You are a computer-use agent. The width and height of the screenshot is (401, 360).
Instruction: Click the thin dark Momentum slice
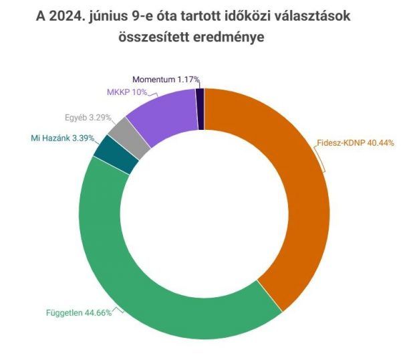pos(200,100)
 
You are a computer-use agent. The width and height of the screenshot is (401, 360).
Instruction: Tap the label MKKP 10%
pos(127,92)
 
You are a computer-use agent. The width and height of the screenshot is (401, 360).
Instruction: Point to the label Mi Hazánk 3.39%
pos(63,139)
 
